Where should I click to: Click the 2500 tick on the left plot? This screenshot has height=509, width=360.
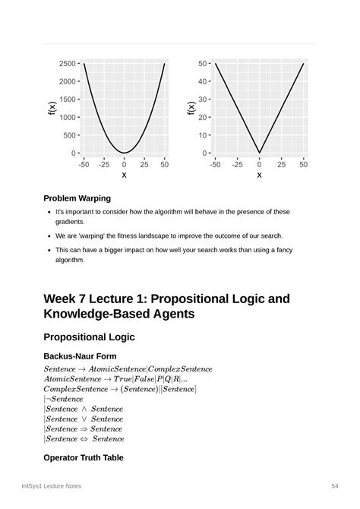pyautogui.click(x=66, y=63)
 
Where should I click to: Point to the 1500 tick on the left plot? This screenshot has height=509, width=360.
pyautogui.click(x=66, y=100)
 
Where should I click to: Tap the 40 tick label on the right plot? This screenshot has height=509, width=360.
pyautogui.click(x=203, y=81)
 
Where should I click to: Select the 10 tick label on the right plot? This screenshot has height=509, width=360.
pyautogui.click(x=203, y=135)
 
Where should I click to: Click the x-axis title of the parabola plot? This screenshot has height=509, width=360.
pyautogui.click(x=124, y=175)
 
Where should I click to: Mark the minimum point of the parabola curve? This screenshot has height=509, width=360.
pyautogui.click(x=124, y=153)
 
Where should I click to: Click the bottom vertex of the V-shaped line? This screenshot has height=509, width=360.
pyautogui.click(x=259, y=153)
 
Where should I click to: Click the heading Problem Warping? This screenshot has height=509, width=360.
pyautogui.click(x=77, y=198)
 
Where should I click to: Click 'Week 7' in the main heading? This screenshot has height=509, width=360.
pyautogui.click(x=70, y=299)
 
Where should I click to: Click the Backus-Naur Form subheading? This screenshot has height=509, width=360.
pyautogui.click(x=80, y=356)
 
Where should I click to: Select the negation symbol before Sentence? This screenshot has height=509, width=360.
pyautogui.click(x=48, y=399)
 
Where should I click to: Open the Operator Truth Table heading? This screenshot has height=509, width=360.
pyautogui.click(x=83, y=458)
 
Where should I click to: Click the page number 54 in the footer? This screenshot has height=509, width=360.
pyautogui.click(x=335, y=485)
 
